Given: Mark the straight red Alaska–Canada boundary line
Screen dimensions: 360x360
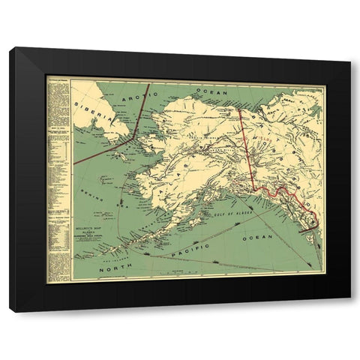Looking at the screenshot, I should pos(246,142).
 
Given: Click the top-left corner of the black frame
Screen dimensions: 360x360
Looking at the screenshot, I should pos(11,49).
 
